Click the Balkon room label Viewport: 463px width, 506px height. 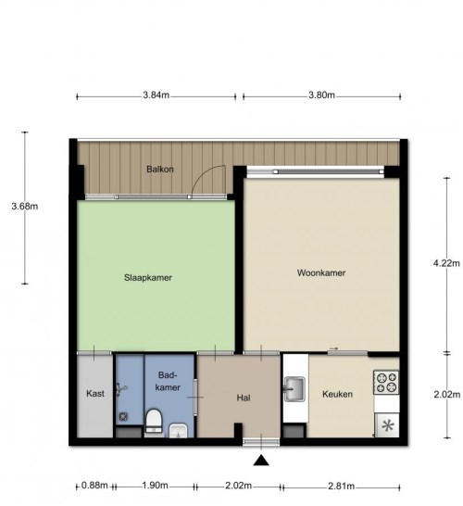click(160, 169)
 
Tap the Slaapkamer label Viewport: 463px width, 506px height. click(148, 277)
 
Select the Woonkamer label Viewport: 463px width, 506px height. click(321, 272)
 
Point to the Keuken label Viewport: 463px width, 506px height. click(337, 394)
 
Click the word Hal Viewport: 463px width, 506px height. click(244, 398)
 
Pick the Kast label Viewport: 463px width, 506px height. click(95, 394)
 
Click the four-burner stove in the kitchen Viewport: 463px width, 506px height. click(386, 383)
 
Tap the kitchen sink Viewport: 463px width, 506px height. click(294, 389)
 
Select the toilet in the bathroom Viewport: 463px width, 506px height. click(154, 421)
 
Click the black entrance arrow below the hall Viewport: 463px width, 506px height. click(261, 461)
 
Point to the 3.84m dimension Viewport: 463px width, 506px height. click(156, 95)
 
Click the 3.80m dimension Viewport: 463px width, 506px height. click(321, 95)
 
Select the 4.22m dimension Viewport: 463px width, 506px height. click(446, 263)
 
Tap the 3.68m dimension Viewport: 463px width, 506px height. click(25, 207)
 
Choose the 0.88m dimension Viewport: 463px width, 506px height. click(94, 486)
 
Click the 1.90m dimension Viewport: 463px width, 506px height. click(155, 486)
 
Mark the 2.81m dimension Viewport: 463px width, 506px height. click(342, 486)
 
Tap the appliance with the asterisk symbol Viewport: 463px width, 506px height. click(387, 425)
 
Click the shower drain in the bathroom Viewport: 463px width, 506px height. click(123, 417)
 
